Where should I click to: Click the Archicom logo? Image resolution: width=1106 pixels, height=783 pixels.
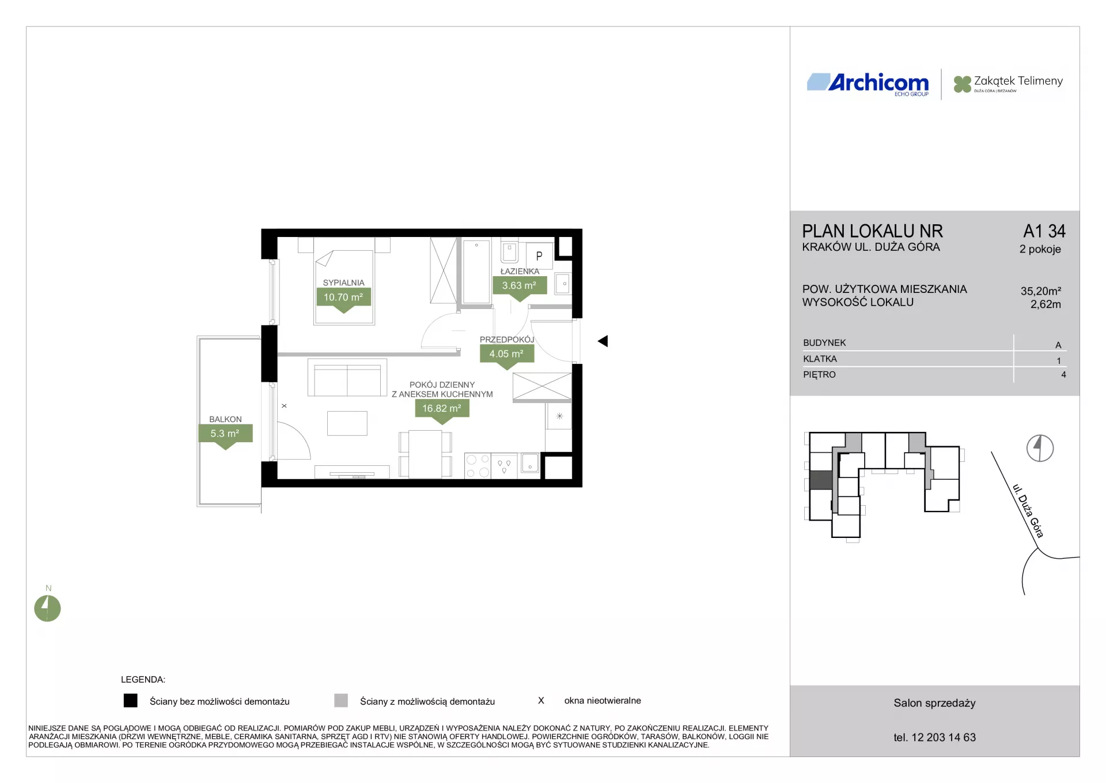868,83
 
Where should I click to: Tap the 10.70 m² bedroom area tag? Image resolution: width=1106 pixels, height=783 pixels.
343,299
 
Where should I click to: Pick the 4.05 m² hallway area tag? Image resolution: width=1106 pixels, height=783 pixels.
506,355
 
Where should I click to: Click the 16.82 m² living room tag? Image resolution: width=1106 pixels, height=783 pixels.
442,410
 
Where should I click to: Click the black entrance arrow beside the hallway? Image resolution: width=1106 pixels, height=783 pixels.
603,341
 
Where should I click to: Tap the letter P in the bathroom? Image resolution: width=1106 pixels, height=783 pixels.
539,256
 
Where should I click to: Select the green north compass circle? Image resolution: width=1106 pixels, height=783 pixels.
47,608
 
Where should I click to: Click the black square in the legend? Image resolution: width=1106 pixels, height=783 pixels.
131,701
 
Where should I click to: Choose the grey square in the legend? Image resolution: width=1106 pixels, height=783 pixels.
341,701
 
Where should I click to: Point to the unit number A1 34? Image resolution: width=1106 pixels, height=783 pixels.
1044,231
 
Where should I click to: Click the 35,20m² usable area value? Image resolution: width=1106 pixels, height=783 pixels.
1041,291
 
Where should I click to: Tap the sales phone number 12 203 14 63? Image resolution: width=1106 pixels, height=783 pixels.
944,737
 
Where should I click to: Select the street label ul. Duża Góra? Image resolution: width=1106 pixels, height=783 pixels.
1028,511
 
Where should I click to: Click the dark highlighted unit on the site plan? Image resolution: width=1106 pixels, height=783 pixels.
821,480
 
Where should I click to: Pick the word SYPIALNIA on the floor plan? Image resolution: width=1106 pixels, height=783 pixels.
343,283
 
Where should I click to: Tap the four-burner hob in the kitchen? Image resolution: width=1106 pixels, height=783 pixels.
478,466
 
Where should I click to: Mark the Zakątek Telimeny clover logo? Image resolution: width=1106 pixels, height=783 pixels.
962,84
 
